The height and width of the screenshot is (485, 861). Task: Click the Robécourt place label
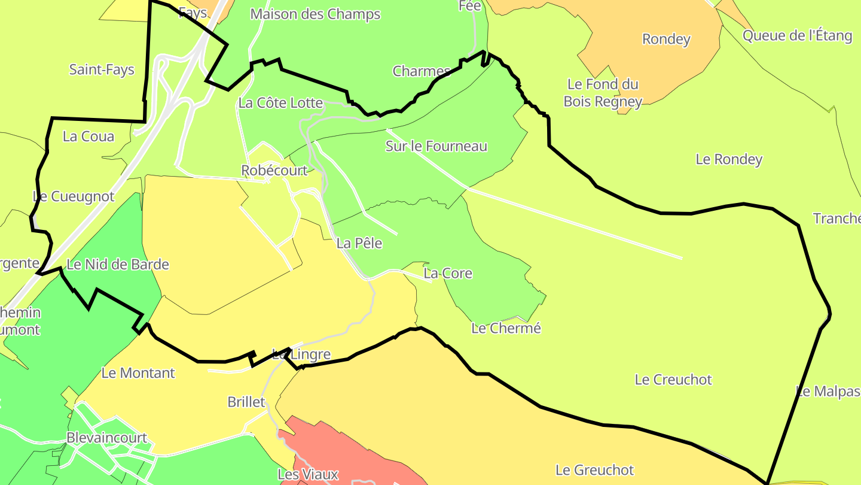pyautogui.click(x=274, y=171)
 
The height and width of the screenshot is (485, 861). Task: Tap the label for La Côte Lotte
pyautogui.click(x=280, y=103)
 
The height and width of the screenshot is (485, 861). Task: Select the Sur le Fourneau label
pyautogui.click(x=436, y=146)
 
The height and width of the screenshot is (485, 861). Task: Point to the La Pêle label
pyautogui.click(x=359, y=243)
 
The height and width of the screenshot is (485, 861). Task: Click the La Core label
pyautogui.click(x=448, y=274)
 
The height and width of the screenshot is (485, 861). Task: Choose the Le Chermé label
pyautogui.click(x=506, y=328)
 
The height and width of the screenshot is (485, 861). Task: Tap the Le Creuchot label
pyautogui.click(x=673, y=380)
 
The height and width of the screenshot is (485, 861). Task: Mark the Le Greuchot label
pyautogui.click(x=594, y=470)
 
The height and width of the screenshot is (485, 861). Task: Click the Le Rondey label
pyautogui.click(x=729, y=159)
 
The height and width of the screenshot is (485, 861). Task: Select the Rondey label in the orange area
pyautogui.click(x=666, y=40)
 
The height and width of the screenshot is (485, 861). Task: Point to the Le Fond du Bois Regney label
pyautogui.click(x=603, y=93)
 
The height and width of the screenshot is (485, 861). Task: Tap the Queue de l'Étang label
pyautogui.click(x=797, y=35)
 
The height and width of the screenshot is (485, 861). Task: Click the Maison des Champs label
pyautogui.click(x=315, y=14)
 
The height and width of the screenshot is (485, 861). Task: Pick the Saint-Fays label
pyautogui.click(x=102, y=69)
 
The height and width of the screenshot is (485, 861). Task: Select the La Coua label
pyautogui.click(x=88, y=137)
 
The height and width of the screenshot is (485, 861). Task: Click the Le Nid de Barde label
pyautogui.click(x=118, y=264)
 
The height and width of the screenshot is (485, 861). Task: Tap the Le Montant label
pyautogui.click(x=138, y=373)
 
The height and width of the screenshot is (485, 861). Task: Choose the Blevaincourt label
pyautogui.click(x=106, y=438)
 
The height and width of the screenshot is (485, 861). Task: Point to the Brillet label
pyautogui.click(x=246, y=402)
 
